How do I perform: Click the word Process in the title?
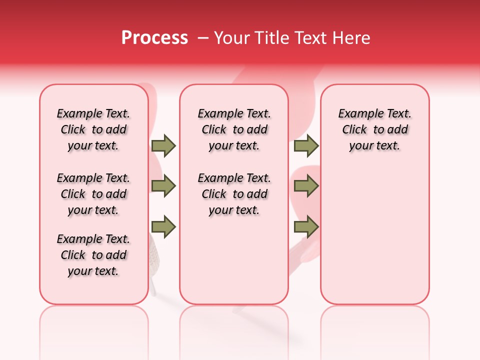(x=154, y=38)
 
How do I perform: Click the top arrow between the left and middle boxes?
(x=163, y=145)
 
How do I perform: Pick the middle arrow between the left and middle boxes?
(x=163, y=186)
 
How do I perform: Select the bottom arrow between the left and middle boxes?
(x=163, y=227)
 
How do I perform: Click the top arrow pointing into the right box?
(x=306, y=145)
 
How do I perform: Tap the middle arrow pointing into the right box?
(x=306, y=186)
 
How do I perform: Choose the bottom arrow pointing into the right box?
(x=306, y=227)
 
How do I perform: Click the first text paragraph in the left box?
(x=93, y=129)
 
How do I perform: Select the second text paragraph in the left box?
(x=93, y=194)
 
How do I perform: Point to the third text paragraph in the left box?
(x=93, y=255)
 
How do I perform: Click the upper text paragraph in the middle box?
(x=234, y=129)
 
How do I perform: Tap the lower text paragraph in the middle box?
(x=234, y=194)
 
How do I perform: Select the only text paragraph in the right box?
(x=375, y=129)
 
